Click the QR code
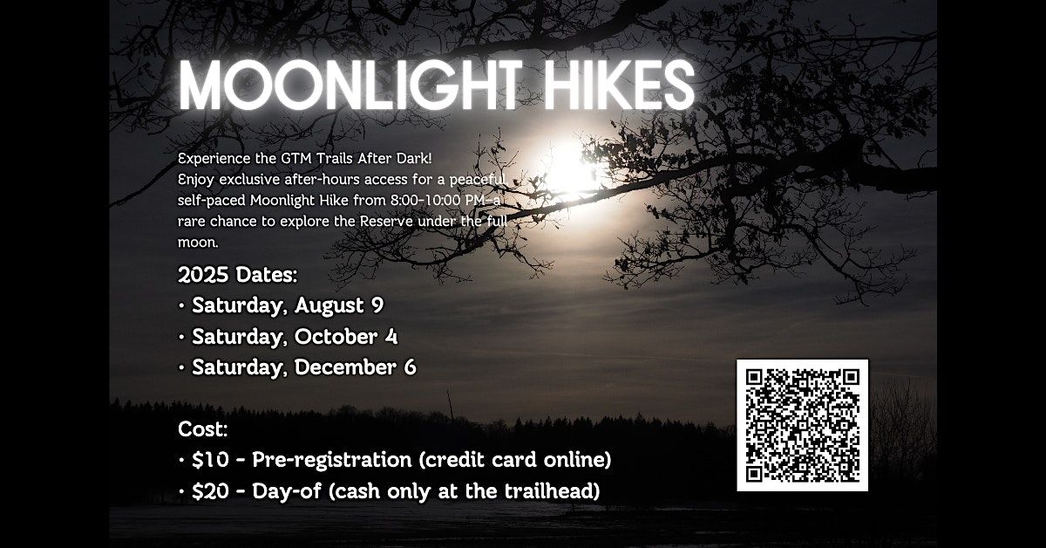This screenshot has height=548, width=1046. [803, 424]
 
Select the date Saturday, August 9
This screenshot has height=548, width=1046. [288, 306]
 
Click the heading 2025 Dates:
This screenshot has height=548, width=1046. [237, 276]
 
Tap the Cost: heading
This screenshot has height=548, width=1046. [203, 428]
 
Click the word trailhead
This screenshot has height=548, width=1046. [551, 491]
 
